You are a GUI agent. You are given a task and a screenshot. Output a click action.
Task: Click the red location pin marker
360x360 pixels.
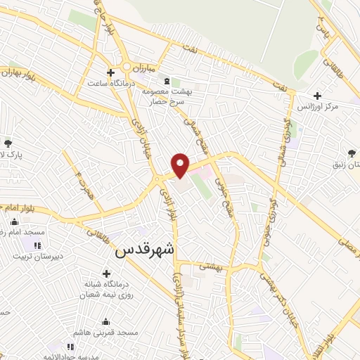coord(181,164)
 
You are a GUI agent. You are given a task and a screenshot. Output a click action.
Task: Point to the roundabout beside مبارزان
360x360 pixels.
coord(127,67)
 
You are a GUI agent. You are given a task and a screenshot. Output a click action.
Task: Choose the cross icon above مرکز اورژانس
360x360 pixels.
coord(318,96)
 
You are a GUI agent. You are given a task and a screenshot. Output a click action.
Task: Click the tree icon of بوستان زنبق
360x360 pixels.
coord(351,152)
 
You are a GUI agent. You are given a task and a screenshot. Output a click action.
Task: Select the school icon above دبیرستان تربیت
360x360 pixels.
coord(37,245)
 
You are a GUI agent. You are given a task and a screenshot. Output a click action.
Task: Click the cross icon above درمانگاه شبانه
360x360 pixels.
coord(106,274)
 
